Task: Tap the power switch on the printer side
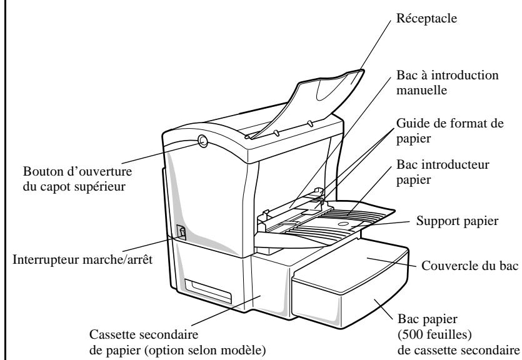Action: coord(182,233)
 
